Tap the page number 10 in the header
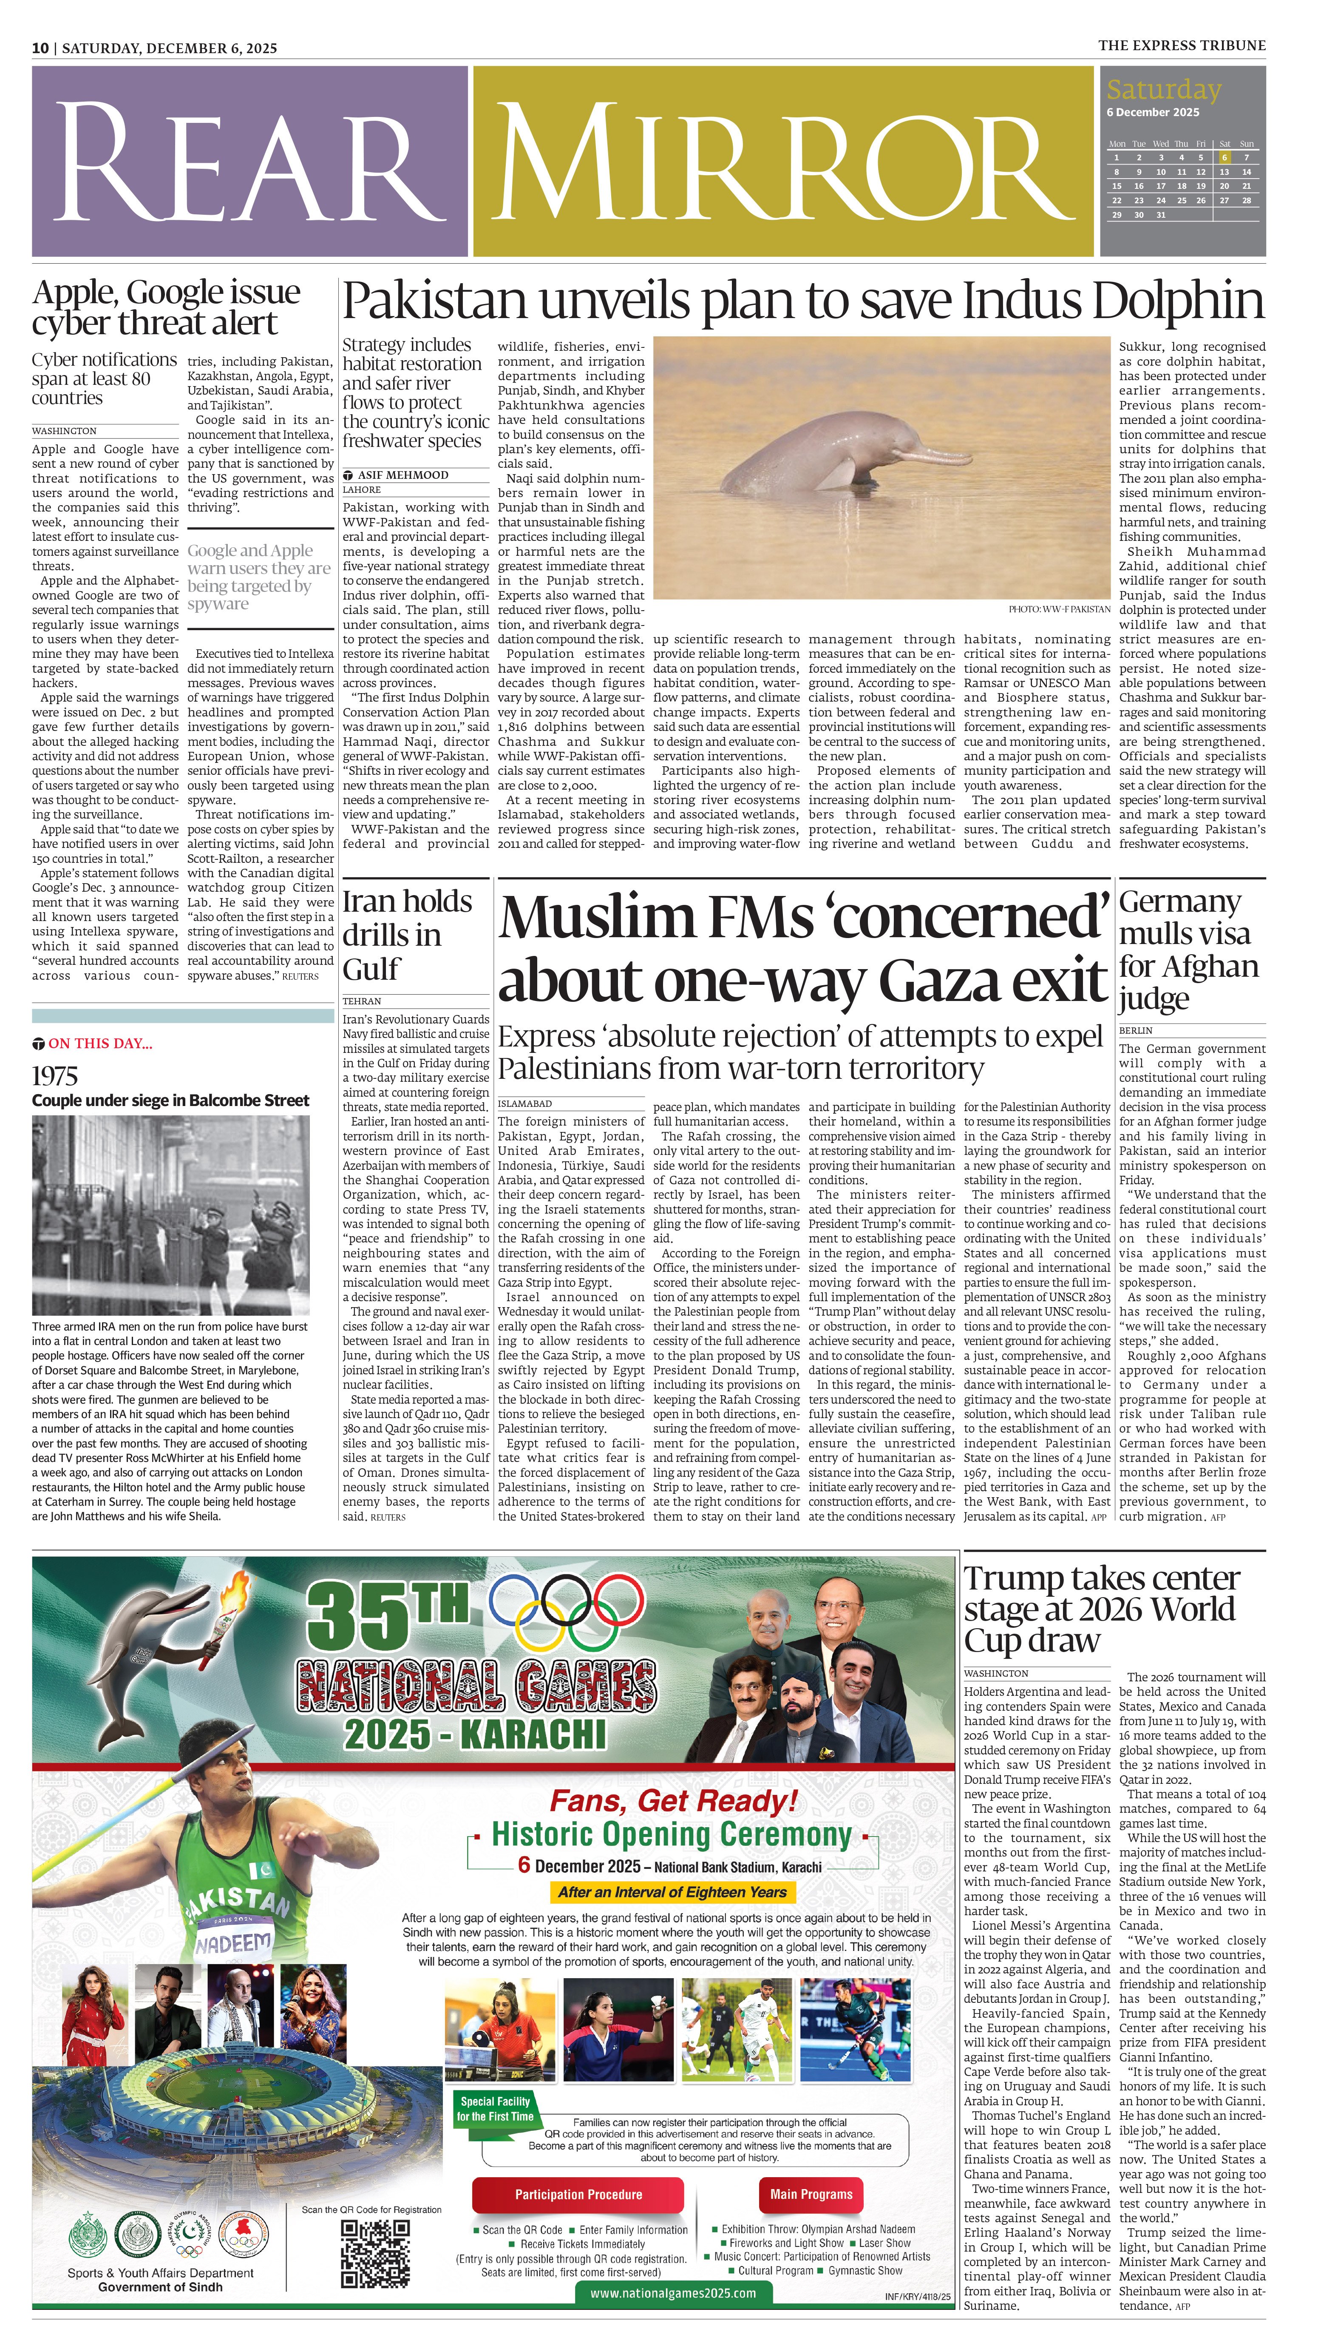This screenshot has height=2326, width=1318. point(40,48)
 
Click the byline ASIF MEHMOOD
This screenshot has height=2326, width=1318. point(403,475)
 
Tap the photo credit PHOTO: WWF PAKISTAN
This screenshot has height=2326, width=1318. point(1059,609)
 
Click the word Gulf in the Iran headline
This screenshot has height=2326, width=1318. point(371,969)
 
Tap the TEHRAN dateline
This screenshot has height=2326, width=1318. point(362,1001)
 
